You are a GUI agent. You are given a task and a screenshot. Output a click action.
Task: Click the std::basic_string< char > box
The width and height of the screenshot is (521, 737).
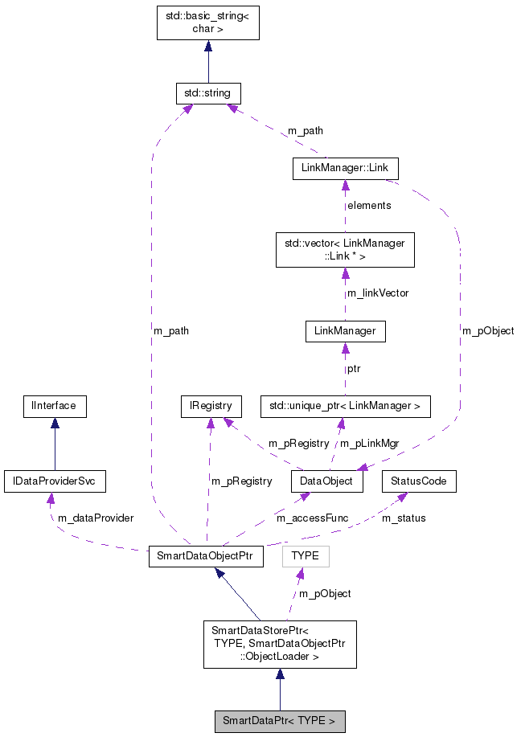[208, 23]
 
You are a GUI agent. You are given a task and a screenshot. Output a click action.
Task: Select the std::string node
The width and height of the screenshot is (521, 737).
[208, 93]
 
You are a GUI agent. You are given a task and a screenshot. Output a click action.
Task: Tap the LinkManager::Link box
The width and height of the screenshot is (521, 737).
[345, 169]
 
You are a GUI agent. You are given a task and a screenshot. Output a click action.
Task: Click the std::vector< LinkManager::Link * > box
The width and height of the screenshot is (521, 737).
[345, 249]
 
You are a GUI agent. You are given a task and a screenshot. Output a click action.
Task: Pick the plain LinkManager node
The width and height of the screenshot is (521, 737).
[345, 330]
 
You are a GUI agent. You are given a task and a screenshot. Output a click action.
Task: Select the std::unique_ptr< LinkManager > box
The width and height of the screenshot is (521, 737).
[345, 406]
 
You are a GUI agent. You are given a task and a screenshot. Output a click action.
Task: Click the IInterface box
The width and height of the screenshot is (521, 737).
[54, 406]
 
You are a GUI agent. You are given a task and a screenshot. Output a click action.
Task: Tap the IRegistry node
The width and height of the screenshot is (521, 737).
[211, 406]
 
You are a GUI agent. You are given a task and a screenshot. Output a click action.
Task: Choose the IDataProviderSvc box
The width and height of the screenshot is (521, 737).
[55, 481]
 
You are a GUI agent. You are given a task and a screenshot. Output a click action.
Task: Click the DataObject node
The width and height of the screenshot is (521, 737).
[327, 481]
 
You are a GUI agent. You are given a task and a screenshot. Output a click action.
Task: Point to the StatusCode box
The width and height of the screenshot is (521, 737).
[419, 481]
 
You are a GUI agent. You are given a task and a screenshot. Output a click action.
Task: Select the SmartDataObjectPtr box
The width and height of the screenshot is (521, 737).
[206, 557]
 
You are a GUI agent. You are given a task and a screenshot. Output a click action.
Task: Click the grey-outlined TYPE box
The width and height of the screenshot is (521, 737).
[306, 556]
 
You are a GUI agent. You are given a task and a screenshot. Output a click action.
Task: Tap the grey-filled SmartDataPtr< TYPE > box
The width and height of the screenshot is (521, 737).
[279, 721]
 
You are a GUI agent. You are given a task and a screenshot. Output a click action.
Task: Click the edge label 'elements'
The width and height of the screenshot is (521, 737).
[369, 206]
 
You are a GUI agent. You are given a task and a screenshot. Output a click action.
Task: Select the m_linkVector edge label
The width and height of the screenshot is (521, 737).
[377, 293]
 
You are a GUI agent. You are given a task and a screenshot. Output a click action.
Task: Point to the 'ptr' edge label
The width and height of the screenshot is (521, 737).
[354, 369]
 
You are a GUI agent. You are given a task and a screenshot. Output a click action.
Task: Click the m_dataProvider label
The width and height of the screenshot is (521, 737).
[95, 518]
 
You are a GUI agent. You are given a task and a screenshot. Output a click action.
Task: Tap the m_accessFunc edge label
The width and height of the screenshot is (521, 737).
[312, 518]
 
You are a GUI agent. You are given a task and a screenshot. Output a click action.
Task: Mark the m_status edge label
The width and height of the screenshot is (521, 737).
[404, 518]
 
